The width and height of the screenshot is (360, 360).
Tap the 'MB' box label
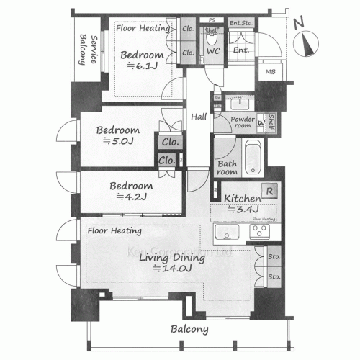[x=270, y=72]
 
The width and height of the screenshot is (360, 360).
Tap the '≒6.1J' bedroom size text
[x=140, y=66]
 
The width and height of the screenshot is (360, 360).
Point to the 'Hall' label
[x=199, y=117]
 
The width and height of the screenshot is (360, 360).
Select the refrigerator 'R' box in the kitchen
[x=268, y=192]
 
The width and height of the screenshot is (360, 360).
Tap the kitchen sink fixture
[x=227, y=233]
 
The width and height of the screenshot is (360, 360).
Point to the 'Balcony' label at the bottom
[x=190, y=330]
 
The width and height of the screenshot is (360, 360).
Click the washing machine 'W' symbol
[x=261, y=122]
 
